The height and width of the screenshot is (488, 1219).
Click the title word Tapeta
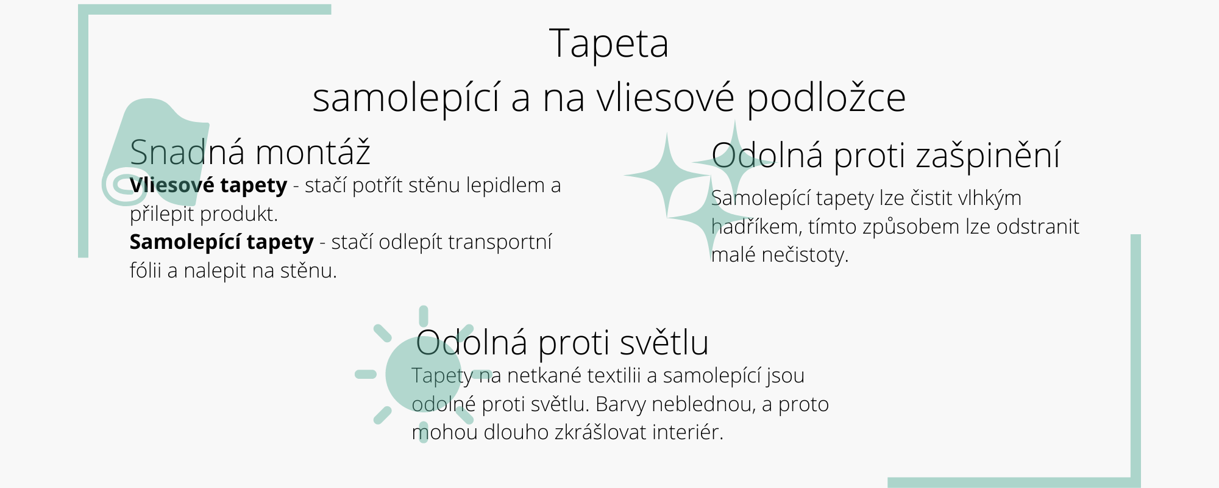pyautogui.click(x=609, y=44)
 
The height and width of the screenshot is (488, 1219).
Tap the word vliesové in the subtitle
pyautogui.click(x=665, y=98)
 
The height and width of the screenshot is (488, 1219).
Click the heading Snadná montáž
pyautogui.click(x=250, y=152)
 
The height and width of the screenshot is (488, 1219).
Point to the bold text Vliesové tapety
pyautogui.click(x=208, y=185)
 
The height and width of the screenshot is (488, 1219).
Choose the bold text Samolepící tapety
pyautogui.click(x=222, y=242)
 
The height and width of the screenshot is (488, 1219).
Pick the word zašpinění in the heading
pyautogui.click(x=988, y=155)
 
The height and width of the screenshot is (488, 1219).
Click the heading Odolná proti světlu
pyautogui.click(x=562, y=342)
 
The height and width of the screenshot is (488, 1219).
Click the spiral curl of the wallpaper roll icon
pyautogui.click(x=124, y=185)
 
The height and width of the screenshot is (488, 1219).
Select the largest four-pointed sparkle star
pyautogui.click(x=667, y=175)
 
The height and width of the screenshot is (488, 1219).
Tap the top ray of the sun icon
pyautogui.click(x=424, y=316)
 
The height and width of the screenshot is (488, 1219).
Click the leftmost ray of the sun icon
pyautogui.click(x=366, y=374)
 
